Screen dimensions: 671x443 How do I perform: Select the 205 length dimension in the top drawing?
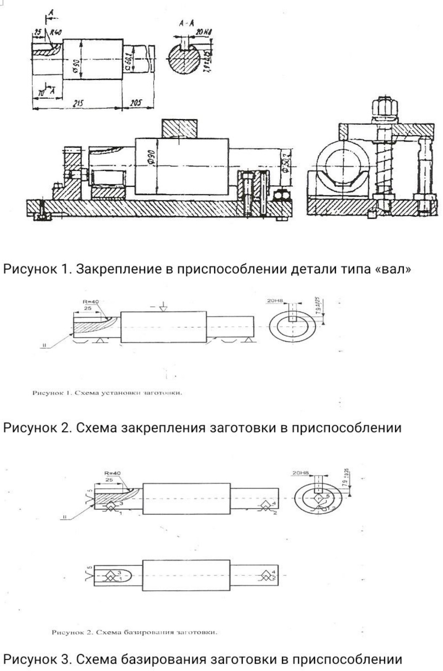click(x=136, y=103)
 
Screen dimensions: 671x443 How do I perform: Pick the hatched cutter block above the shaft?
click(x=181, y=128)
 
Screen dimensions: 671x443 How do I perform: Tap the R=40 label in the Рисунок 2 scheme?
click(x=91, y=301)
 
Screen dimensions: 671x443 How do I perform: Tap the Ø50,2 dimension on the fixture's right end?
click(x=286, y=162)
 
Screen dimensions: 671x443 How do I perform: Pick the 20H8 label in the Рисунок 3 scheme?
click(x=300, y=473)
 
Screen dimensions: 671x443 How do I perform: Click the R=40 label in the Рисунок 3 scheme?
click(x=112, y=473)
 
